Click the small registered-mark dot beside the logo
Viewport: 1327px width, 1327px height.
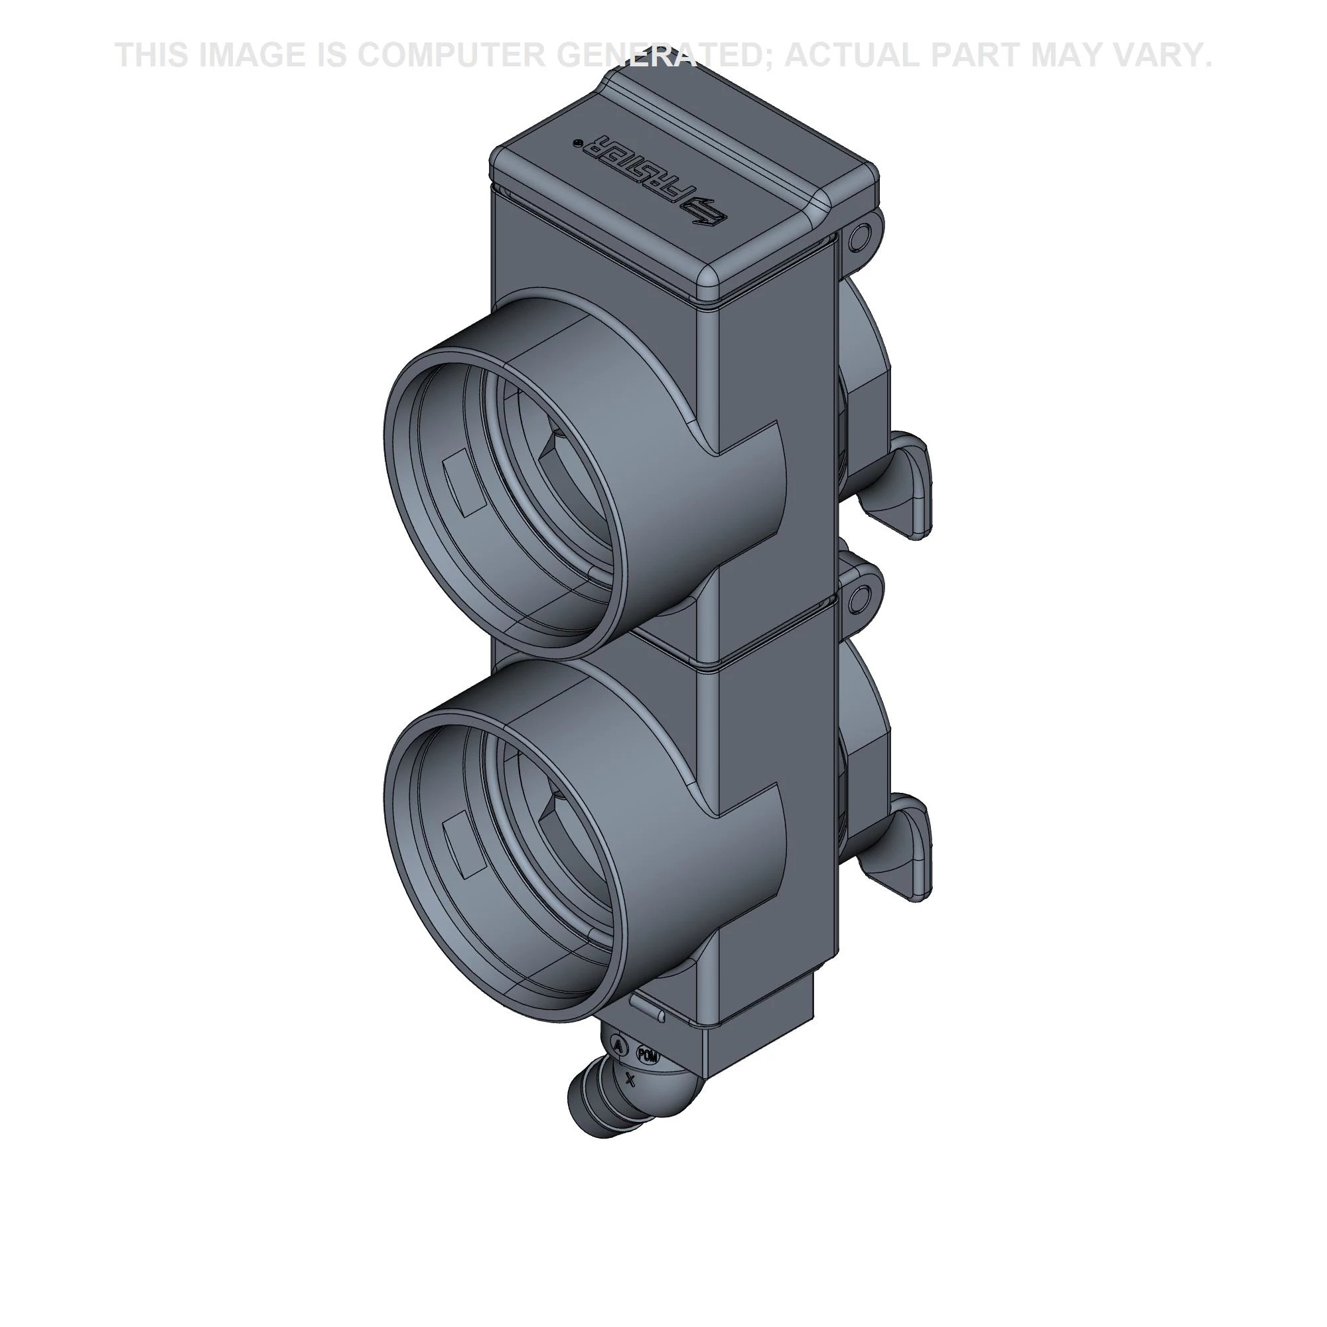pyautogui.click(x=577, y=143)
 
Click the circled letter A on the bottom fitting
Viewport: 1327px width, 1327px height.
pyautogui.click(x=619, y=1046)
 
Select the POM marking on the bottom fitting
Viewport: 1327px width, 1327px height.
pyautogui.click(x=648, y=1056)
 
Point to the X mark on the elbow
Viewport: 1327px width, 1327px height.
pyautogui.click(x=630, y=1081)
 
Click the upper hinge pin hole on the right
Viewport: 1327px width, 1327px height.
pyautogui.click(x=856, y=238)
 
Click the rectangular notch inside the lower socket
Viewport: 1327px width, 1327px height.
pyautogui.click(x=465, y=848)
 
